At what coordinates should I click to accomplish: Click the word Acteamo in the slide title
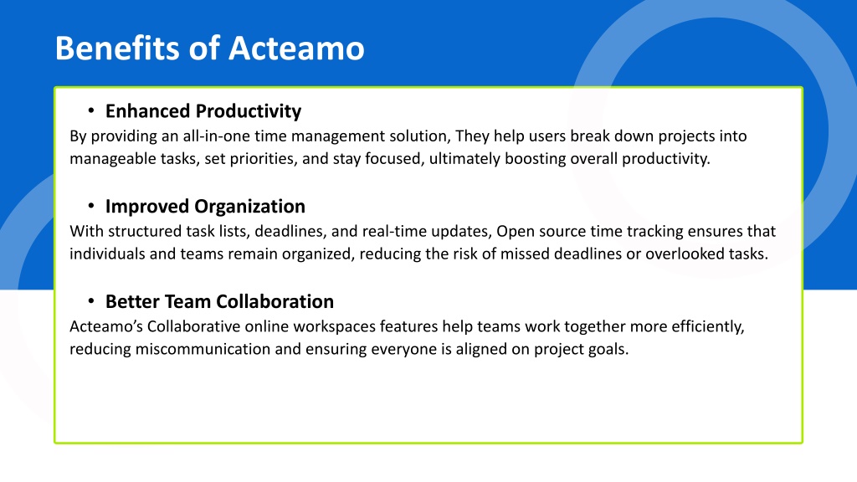coord(296,48)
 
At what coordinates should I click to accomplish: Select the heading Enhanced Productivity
coord(203,111)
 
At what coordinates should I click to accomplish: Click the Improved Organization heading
coord(206,207)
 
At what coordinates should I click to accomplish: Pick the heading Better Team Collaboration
coord(220,301)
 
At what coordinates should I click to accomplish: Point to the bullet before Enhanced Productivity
coord(90,111)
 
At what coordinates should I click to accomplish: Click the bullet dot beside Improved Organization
coord(90,206)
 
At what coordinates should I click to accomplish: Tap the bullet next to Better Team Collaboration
coord(90,301)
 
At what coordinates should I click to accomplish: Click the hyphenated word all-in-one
coord(217,136)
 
